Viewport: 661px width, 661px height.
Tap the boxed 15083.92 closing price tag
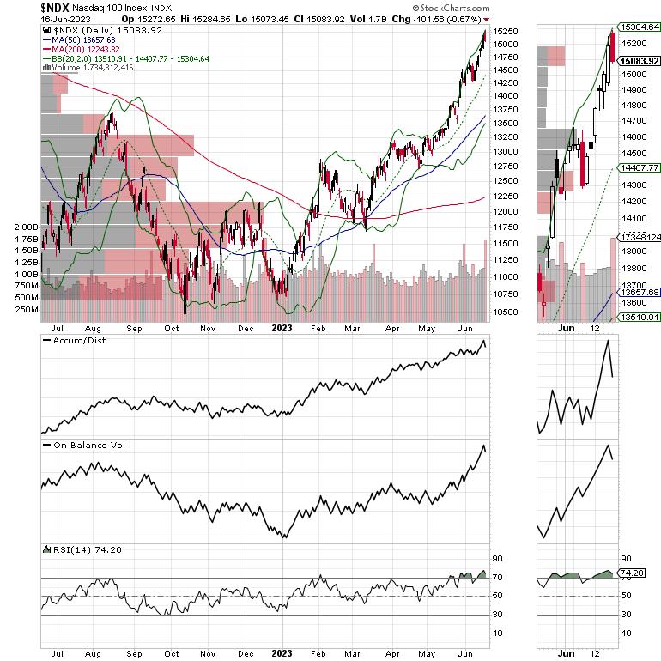640,61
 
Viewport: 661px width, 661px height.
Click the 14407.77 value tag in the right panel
640,168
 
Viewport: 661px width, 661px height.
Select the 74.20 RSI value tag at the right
633,571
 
